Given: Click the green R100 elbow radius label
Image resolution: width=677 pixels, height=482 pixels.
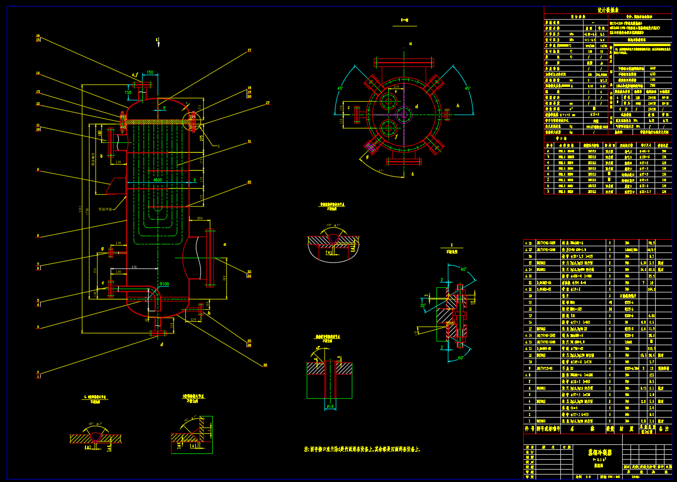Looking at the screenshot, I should coord(164,284).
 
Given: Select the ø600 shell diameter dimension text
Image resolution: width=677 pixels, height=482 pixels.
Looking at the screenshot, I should coord(157,180).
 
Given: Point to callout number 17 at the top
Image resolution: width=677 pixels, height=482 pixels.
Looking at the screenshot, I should coord(249,50).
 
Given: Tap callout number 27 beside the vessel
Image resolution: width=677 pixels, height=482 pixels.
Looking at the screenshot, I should coord(267,103).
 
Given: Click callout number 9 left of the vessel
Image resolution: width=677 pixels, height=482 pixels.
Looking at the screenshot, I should coord(38,170).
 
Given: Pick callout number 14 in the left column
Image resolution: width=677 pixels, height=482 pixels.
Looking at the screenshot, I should coord(38,73).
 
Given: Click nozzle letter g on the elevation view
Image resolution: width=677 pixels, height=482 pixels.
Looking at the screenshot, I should coord(103,248).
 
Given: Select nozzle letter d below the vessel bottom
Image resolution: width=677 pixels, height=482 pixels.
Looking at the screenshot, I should coord(162,344).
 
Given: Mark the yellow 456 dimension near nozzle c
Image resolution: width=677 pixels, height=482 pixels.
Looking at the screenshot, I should coord(134,267).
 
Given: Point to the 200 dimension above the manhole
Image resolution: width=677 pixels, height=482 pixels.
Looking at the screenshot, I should coord(200,218).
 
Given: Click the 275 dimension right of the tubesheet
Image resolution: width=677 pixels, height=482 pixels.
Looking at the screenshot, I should coord(202,138).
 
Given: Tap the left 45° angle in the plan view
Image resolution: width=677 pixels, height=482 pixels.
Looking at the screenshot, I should coord(340,88).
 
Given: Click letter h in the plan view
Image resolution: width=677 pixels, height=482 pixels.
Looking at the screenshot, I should coord(458,106).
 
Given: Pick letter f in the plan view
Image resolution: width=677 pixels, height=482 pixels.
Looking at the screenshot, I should coord(396,136).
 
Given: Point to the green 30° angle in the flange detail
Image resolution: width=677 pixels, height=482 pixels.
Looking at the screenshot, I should coord(423,305).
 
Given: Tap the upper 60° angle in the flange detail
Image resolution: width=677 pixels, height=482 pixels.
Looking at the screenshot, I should coord(463,270).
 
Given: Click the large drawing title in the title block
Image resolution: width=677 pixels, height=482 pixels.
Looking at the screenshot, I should coord(599,452).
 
